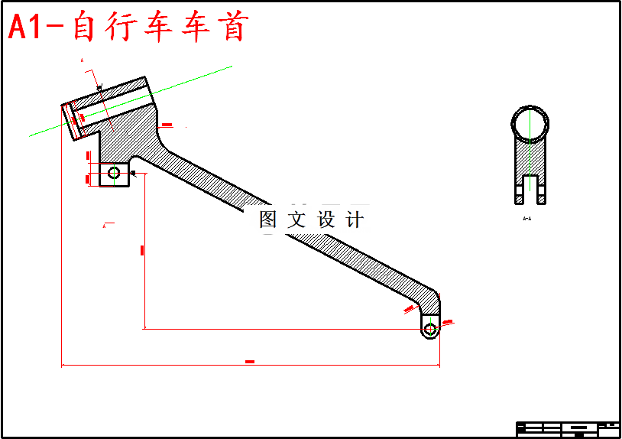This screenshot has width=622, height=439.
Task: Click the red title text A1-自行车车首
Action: pos(128,28)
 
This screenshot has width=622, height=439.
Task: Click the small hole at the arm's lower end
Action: pos(430,329)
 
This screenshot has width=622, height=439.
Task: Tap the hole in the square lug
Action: pos(114,173)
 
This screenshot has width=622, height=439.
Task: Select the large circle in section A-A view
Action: pos(529,124)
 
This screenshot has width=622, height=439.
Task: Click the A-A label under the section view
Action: pos(527,219)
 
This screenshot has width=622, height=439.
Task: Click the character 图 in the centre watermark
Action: pos(268,220)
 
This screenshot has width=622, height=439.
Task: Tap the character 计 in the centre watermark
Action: pos(355,220)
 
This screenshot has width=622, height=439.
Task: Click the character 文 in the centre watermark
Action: pos(296,220)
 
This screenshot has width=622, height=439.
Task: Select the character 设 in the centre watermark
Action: pos(326,220)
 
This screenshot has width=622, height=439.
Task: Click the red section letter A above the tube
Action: pos(82,60)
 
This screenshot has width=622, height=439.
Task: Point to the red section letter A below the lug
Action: pos(104,226)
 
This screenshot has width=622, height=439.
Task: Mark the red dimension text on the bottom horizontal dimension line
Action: pos(250,361)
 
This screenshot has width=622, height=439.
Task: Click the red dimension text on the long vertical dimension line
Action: pos(143,250)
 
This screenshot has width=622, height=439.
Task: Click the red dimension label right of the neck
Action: pos(167,125)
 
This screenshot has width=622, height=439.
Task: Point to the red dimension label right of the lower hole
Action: pos(448,322)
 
